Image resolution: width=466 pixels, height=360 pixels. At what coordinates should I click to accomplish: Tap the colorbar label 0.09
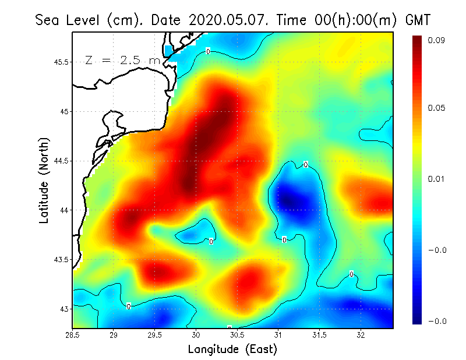[x=436, y=40]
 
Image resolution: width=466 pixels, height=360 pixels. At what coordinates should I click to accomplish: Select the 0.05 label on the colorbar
[x=436, y=108]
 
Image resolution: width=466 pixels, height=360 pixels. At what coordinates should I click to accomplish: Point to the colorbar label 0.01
[x=436, y=178]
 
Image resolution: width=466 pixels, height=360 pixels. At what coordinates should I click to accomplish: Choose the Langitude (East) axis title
[x=232, y=350]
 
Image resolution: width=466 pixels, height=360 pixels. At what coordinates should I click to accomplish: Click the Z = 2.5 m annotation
[x=122, y=60]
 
